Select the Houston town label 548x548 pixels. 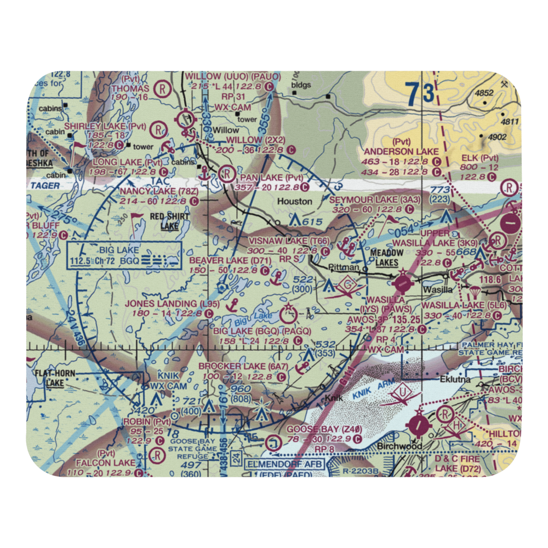[x=294, y=202]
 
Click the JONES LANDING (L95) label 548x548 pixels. [x=165, y=304]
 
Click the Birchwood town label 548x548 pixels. [x=399, y=446]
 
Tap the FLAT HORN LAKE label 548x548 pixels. [x=55, y=378]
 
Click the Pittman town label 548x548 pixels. [x=344, y=268]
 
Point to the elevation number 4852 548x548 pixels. [x=484, y=93]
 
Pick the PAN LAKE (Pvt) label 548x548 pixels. [x=270, y=178]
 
